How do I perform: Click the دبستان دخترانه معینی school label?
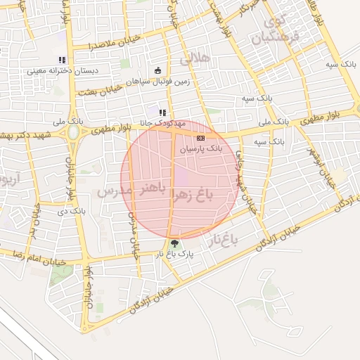coord(56,70)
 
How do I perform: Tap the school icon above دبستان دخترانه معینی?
coord(61,60)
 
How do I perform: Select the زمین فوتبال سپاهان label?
coord(158,81)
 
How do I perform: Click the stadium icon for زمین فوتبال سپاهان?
coord(157,70)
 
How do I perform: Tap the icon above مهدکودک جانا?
coord(162,112)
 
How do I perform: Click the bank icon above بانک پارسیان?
coord(200,139)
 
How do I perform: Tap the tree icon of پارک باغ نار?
coord(174,243)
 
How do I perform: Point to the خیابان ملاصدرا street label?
coord(116,42)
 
